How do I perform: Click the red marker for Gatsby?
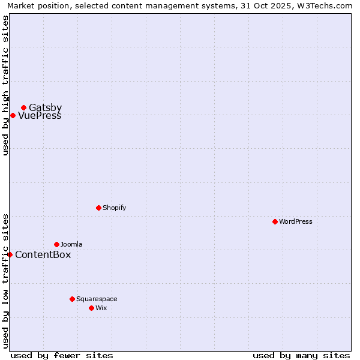pyautogui.click(x=23, y=108)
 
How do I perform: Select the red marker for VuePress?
pyautogui.click(x=13, y=115)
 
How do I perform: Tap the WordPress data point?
pyautogui.click(x=275, y=221)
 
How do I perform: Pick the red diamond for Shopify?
pyautogui.click(x=98, y=208)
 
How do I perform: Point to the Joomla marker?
pyautogui.click(x=56, y=244)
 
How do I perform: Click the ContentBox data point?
pyautogui.click(x=10, y=254)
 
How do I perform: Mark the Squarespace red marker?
pyautogui.click(x=72, y=299)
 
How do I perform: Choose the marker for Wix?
pyautogui.click(x=91, y=308)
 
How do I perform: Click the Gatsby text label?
pyautogui.click(x=46, y=108)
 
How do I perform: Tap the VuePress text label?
pyautogui.click(x=40, y=116)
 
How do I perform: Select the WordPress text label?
pyautogui.click(x=296, y=221)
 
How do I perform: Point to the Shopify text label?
pyautogui.click(x=114, y=208)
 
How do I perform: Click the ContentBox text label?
pyautogui.click(x=43, y=255)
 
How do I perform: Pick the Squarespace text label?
pyautogui.click(x=97, y=299)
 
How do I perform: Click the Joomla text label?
pyautogui.click(x=71, y=244)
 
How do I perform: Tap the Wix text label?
pyautogui.click(x=101, y=308)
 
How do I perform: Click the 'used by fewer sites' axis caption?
pyautogui.click(x=62, y=355)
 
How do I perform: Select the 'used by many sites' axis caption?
pyautogui.click(x=301, y=355)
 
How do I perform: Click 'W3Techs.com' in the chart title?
pyautogui.click(x=327, y=6)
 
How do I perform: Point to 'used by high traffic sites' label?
pyautogui.click(x=5, y=85)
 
